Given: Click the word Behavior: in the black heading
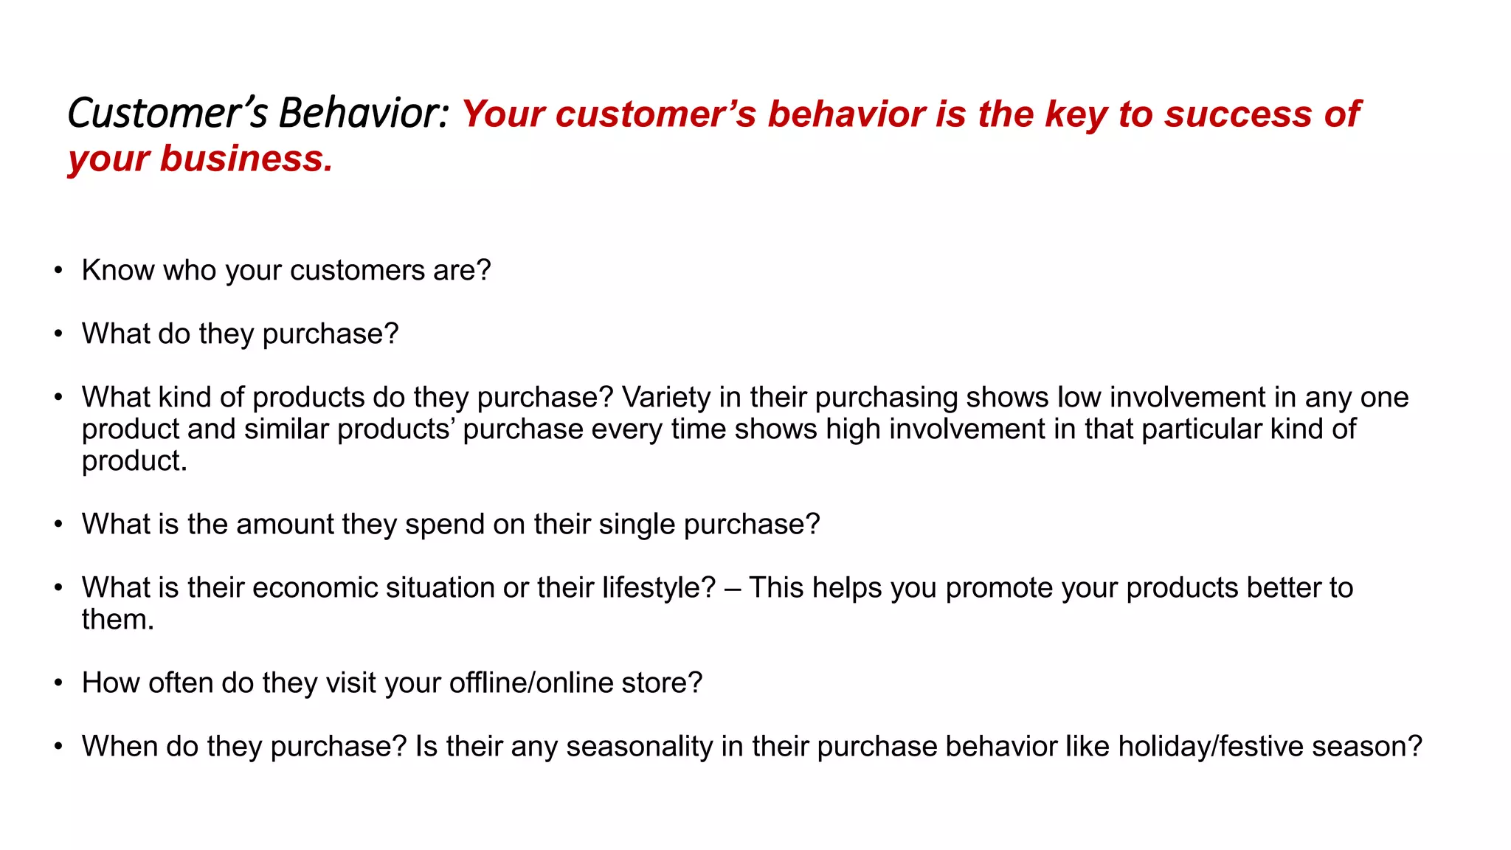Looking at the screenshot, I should tap(364, 114).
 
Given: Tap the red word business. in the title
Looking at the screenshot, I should tap(246, 159).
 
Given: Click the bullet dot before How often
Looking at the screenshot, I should tap(58, 683).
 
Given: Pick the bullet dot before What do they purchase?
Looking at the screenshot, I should tap(58, 334).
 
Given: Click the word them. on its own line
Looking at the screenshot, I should tap(117, 619).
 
